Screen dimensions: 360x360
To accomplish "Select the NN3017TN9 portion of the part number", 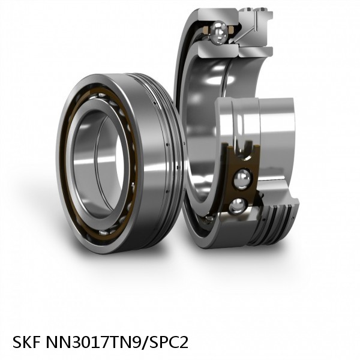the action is pyautogui.click(x=94, y=342).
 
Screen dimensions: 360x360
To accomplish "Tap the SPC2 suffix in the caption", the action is pyautogui.click(x=167, y=342).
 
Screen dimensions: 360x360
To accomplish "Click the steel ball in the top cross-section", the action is pyautogui.click(x=219, y=32).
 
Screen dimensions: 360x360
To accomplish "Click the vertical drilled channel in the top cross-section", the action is pyautogui.click(x=255, y=21).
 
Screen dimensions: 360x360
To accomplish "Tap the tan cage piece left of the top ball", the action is pyautogui.click(x=206, y=30).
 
